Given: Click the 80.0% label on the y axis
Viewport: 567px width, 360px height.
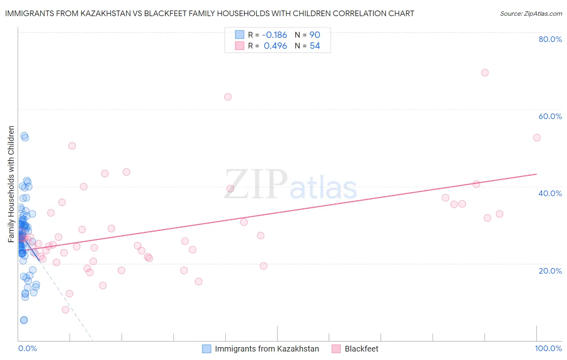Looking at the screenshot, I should point(550,39).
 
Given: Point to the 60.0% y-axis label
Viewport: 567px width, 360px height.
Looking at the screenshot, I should point(550,116).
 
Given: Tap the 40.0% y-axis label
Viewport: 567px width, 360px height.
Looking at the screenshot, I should point(550,193).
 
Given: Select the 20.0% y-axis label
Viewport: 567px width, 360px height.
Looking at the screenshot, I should point(550,270).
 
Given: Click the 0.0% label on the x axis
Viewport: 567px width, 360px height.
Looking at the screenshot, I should point(27,348).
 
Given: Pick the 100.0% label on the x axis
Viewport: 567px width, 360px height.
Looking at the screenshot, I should point(548,348).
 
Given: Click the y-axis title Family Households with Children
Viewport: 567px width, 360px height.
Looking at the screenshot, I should point(11,184).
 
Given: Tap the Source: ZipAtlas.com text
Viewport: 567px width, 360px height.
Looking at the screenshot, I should point(531,13).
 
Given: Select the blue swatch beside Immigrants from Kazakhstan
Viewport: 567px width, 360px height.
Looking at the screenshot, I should point(206,349).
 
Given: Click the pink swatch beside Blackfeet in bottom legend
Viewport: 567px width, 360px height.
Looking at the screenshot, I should point(336,349).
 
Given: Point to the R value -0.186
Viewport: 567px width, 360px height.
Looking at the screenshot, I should point(275,35).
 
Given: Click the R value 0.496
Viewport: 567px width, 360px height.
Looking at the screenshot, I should point(275,46).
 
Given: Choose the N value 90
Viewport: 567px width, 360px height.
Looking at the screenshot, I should point(315,35).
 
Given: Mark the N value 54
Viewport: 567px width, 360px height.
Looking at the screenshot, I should point(315,46).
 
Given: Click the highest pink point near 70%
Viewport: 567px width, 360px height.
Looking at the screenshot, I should point(485,73).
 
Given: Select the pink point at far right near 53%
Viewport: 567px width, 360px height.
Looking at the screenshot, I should point(536,138).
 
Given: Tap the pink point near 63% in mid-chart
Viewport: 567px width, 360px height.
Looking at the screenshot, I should point(227,97).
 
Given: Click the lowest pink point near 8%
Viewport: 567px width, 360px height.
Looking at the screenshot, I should point(65,310).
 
